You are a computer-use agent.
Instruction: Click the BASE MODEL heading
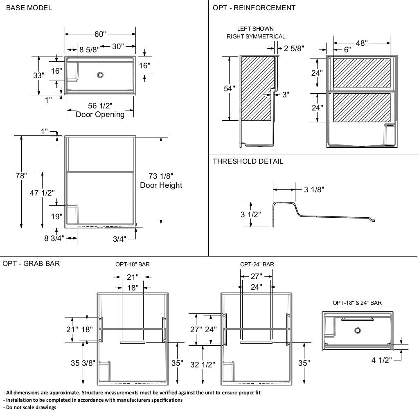click(x=29, y=8)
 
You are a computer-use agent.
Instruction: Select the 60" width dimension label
click(x=100, y=34)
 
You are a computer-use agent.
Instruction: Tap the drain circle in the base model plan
click(x=100, y=75)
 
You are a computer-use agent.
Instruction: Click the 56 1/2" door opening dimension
click(x=100, y=106)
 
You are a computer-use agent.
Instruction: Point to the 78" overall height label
click(x=21, y=176)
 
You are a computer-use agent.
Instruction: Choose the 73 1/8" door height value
click(x=161, y=176)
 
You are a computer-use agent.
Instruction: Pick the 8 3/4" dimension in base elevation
click(x=54, y=238)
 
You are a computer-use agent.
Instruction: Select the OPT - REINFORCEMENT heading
click(x=254, y=8)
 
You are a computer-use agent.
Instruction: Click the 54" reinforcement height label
click(x=229, y=88)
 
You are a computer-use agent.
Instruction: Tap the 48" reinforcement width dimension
click(x=362, y=43)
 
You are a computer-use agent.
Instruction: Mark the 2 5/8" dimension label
click(x=294, y=48)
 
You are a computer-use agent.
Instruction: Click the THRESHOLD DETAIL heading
click(x=248, y=161)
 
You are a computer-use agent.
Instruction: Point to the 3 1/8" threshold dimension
click(x=314, y=189)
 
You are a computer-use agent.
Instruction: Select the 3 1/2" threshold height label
click(x=251, y=214)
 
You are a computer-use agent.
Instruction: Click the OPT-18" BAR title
click(x=133, y=264)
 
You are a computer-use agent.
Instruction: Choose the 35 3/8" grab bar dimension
click(x=83, y=363)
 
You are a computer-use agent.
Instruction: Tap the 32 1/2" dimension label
click(x=203, y=365)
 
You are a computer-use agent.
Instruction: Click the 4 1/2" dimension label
click(x=382, y=360)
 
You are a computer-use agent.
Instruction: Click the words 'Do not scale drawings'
click(x=31, y=407)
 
